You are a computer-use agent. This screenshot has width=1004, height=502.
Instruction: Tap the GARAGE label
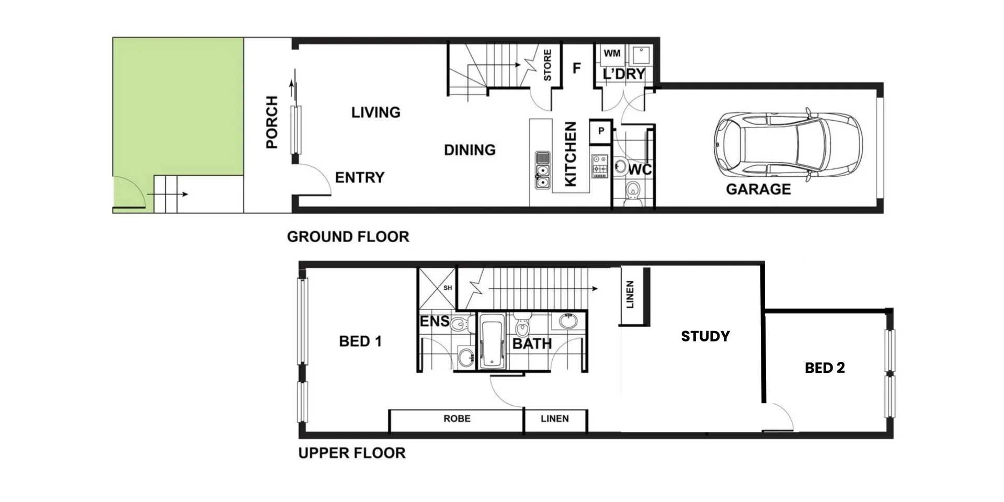pyautogui.click(x=758, y=189)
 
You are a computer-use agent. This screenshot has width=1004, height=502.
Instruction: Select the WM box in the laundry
pyautogui.click(x=612, y=53)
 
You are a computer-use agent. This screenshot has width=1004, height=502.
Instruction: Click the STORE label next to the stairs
pyautogui.click(x=547, y=65)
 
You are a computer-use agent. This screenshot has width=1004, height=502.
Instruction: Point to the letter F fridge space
pyautogui.click(x=577, y=69)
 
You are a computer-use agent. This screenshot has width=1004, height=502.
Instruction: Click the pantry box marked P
pyautogui.click(x=601, y=131)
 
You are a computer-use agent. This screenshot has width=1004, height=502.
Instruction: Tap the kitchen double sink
pyautogui.click(x=542, y=170)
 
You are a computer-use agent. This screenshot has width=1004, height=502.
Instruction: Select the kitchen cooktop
pyautogui.click(x=599, y=166)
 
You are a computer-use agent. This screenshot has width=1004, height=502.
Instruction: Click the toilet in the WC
pyautogui.click(x=633, y=191)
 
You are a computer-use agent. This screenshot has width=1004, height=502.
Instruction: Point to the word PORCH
pyautogui.click(x=272, y=122)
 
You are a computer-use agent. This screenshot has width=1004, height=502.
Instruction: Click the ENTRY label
pyautogui.click(x=360, y=178)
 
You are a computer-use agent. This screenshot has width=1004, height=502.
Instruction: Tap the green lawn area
pyautogui.click(x=178, y=105)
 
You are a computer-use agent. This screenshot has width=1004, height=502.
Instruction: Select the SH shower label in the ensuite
pyautogui.click(x=448, y=288)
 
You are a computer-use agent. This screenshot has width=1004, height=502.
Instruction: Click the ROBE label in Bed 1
pyautogui.click(x=457, y=418)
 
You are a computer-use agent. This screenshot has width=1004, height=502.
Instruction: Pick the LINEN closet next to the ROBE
pyautogui.click(x=555, y=419)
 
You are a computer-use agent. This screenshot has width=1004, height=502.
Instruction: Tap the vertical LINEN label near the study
pyautogui.click(x=630, y=294)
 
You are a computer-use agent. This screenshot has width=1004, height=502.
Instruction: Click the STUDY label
pyautogui.click(x=705, y=336)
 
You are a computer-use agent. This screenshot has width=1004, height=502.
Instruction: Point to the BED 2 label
pyautogui.click(x=825, y=368)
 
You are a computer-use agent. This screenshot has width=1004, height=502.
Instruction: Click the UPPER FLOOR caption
pyautogui.click(x=352, y=453)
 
